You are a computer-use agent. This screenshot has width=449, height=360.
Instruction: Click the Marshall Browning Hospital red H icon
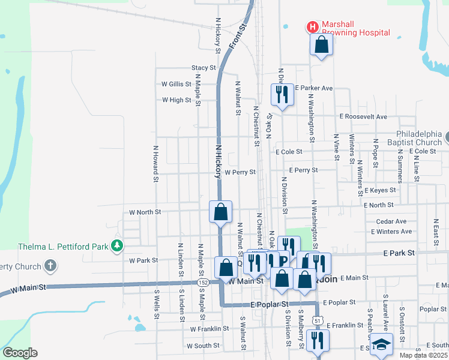(x=312, y=27)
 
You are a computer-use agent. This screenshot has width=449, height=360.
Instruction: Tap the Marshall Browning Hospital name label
(x=355, y=28)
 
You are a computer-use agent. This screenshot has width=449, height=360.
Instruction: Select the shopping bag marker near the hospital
(x=321, y=44)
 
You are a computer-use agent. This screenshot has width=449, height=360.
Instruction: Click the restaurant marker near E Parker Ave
(x=282, y=94)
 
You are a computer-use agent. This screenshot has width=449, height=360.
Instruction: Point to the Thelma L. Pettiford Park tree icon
(x=119, y=246)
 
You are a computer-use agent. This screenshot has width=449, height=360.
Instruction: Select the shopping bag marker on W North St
(x=221, y=211)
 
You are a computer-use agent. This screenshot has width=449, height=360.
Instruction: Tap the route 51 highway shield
(x=316, y=321)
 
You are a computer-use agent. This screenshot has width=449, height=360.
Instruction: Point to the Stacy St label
(x=203, y=68)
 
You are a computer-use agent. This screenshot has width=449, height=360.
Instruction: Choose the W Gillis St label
(x=176, y=85)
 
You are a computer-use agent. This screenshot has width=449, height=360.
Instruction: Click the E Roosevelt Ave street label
(x=363, y=116)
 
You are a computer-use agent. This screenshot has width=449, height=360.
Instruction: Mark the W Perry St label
(x=240, y=172)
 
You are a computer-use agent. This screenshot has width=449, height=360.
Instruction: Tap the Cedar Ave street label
(x=391, y=221)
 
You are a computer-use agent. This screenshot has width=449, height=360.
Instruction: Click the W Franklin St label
(x=209, y=329)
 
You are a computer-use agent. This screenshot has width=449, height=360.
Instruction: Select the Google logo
(x=20, y=353)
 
